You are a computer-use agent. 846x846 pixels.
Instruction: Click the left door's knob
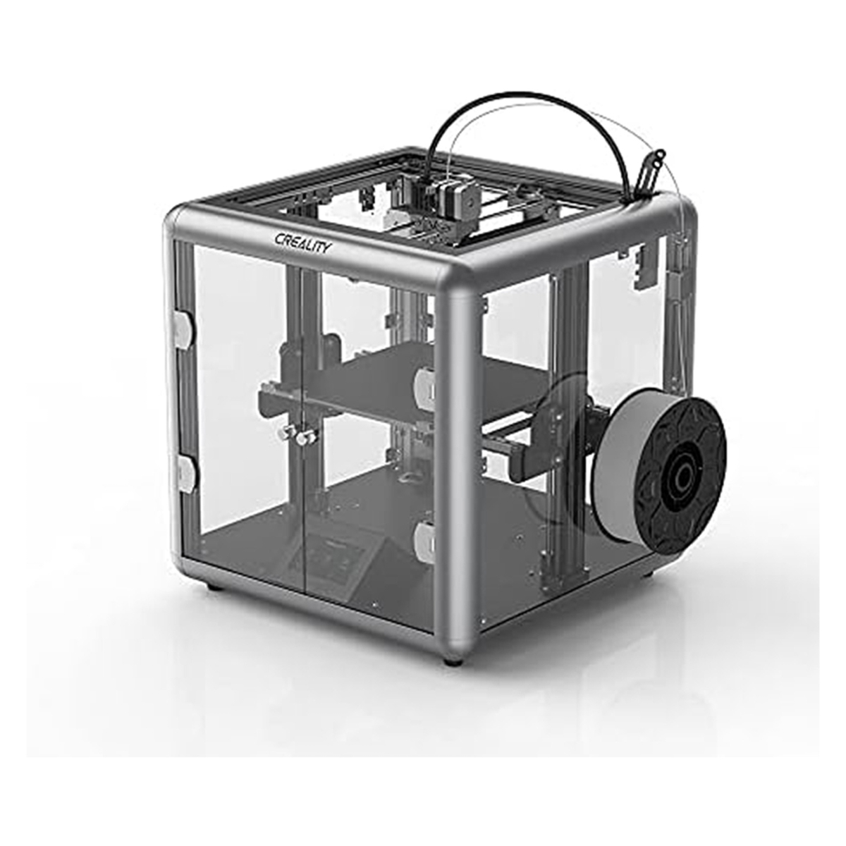click(x=286, y=432)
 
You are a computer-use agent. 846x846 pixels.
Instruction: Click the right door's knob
click(x=307, y=436)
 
